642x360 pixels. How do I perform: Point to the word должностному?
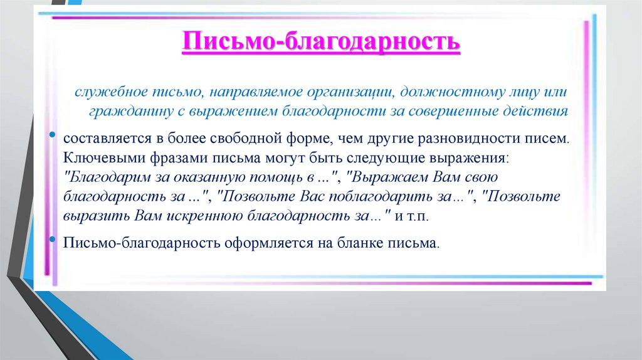(450, 92)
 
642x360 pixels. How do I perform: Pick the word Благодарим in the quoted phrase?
(103, 177)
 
